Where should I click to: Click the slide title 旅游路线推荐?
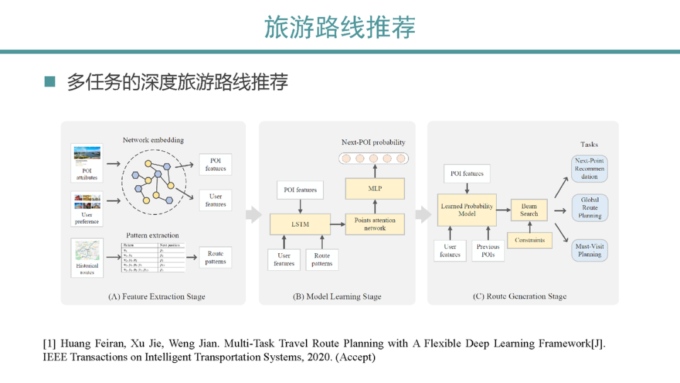[340, 27]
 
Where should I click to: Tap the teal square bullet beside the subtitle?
[50, 82]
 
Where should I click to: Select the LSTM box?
[301, 224]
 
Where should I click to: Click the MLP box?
[375, 188]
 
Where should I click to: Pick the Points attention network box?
[375, 224]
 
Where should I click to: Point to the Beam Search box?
[529, 210]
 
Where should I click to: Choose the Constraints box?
[530, 240]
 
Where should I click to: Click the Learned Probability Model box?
[467, 210]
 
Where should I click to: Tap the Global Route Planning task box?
[589, 208]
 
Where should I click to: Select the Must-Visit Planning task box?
[589, 251]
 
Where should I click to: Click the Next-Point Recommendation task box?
[589, 168]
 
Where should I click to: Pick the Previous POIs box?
[488, 251]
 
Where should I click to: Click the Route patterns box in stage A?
[215, 258]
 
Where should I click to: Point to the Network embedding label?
[153, 140]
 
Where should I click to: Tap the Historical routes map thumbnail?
[87, 250]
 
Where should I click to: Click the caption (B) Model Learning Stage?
[337, 296]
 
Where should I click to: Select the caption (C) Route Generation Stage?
[519, 296]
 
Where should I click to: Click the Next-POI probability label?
[373, 142]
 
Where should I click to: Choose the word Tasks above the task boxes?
[589, 144]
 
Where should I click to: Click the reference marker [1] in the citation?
[49, 344]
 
